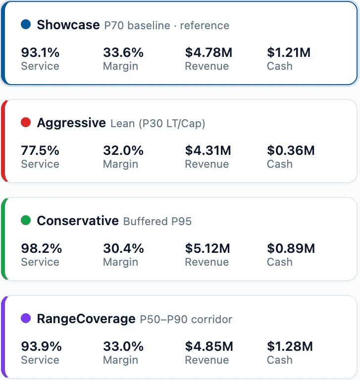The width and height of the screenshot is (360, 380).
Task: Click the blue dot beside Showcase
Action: coord(26,24)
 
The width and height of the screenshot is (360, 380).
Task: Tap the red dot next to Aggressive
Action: coord(26,122)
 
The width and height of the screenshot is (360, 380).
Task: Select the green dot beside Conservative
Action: coord(26,220)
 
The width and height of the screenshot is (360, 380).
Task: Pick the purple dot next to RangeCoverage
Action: coord(26,318)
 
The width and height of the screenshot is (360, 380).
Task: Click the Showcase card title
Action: coord(68,25)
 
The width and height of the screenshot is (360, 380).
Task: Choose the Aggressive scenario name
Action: coord(71,123)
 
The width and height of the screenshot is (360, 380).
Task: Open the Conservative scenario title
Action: coord(78,221)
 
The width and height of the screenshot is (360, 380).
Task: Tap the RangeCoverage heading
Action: coord(86,319)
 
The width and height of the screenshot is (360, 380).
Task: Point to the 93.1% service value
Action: coord(40,52)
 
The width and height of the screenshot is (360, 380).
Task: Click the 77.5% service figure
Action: coord(40,150)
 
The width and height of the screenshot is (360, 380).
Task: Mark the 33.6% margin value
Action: coord(123,52)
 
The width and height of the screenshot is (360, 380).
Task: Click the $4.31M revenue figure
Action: coord(208,150)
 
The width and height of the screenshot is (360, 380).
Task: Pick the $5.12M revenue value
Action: coord(208,248)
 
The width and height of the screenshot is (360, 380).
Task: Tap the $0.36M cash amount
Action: coord(291,150)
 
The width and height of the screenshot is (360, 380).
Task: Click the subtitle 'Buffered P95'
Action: coord(157,221)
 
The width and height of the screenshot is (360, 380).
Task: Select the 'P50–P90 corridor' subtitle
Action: coord(186,319)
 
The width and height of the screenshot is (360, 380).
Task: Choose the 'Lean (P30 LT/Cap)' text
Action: coord(158,123)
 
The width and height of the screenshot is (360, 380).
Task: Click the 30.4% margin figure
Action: coord(123,248)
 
